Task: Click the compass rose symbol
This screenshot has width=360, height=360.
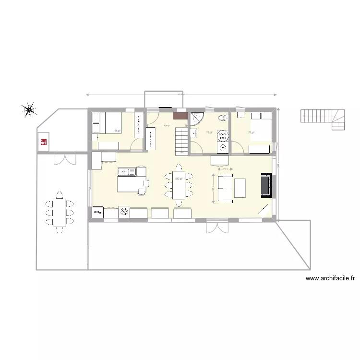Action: [30, 110]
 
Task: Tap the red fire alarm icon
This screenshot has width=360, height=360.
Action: [44, 142]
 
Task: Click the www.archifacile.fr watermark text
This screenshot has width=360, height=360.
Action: [330, 278]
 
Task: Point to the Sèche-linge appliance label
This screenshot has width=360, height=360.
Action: [223, 135]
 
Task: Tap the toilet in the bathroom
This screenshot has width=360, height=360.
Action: [223, 119]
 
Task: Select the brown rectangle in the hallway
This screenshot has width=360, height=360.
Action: [180, 116]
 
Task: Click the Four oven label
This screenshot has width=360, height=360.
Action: [96, 212]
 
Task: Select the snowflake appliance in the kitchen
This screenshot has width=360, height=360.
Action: [124, 212]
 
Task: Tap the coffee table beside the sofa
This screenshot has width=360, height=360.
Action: [240, 188]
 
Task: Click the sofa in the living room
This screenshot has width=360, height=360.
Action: [224, 188]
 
